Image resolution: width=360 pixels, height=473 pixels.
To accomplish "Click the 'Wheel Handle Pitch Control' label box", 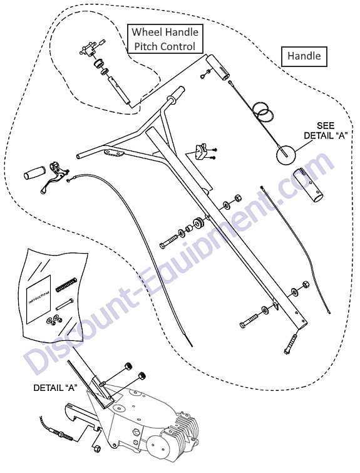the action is (165, 39).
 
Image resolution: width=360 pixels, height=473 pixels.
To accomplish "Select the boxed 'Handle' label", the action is (304, 56).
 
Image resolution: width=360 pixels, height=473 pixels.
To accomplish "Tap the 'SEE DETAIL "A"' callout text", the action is (326, 130).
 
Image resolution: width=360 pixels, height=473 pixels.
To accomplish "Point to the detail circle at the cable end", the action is (286, 155).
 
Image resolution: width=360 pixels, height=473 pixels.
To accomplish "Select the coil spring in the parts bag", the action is (66, 284).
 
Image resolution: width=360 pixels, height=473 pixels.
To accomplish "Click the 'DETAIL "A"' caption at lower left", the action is (55, 388).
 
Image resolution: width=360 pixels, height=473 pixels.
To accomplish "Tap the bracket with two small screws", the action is (200, 152).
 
